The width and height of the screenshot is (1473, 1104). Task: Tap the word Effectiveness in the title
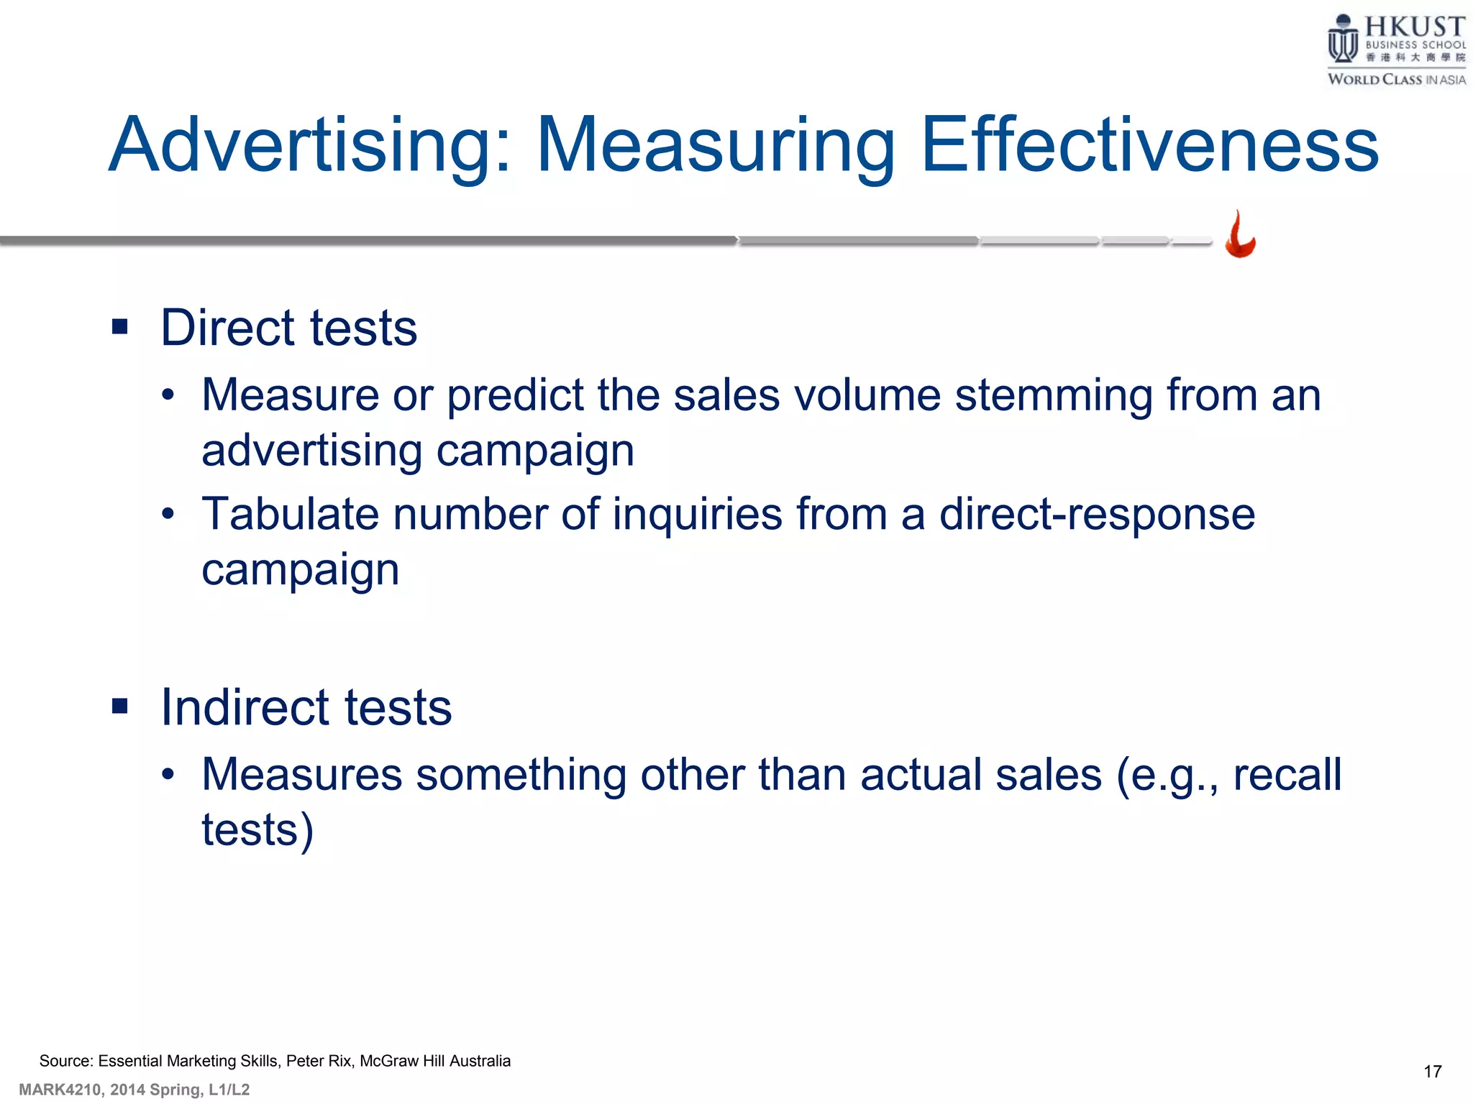(x=1149, y=146)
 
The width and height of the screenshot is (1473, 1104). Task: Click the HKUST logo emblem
(x=1342, y=40)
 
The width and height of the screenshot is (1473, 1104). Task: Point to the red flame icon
(x=1240, y=235)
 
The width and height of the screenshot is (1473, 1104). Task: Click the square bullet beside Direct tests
(x=120, y=328)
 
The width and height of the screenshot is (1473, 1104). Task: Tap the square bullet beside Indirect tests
(x=120, y=707)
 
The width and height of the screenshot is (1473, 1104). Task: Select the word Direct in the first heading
(x=227, y=328)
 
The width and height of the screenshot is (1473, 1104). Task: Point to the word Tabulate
(x=291, y=515)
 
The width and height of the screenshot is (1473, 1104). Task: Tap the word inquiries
(x=697, y=515)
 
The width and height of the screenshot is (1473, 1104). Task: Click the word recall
(x=1287, y=776)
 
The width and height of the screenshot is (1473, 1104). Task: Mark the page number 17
(x=1432, y=1072)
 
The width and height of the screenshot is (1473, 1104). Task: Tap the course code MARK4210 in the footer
(x=60, y=1090)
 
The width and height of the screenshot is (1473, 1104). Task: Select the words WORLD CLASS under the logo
(x=1374, y=80)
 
